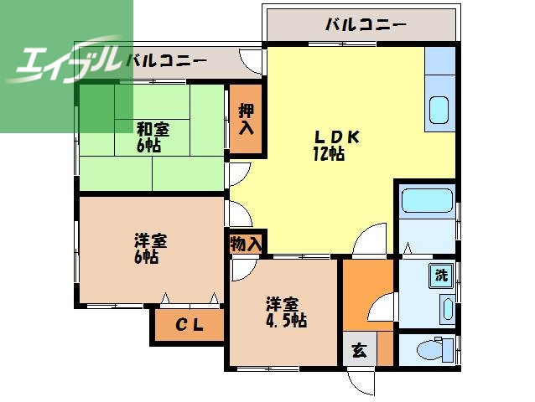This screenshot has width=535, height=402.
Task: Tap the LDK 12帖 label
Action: click(x=330, y=145)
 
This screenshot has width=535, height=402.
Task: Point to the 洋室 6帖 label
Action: click(x=149, y=249)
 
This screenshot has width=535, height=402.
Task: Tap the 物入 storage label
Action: click(x=246, y=244)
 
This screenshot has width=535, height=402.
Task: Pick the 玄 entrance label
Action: click(x=359, y=351)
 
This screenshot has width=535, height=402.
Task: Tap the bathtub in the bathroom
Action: click(x=427, y=202)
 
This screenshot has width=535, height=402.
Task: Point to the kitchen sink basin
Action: click(x=439, y=110)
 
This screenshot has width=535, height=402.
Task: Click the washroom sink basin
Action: click(x=447, y=308)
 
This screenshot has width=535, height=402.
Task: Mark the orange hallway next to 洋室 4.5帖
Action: click(x=366, y=297)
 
